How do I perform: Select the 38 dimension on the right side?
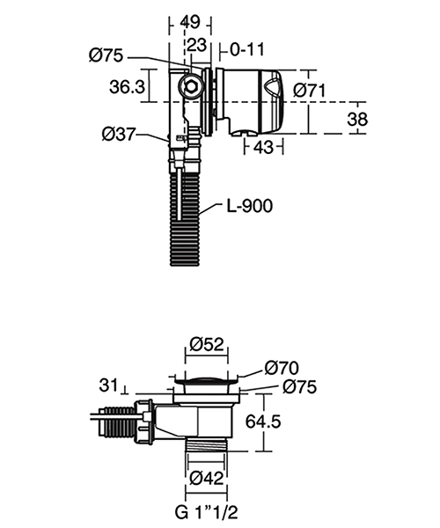pyautogui.click(x=356, y=119)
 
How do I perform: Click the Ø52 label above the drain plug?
pyautogui.click(x=209, y=343)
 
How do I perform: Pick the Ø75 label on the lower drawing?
pyautogui.click(x=298, y=387)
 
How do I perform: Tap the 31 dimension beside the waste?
pyautogui.click(x=110, y=385)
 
